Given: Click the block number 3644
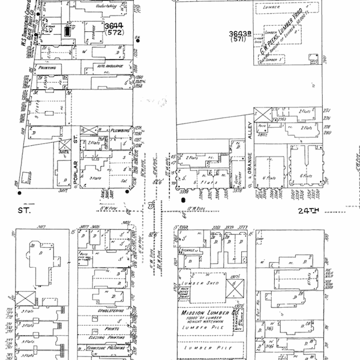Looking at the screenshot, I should click(113, 25).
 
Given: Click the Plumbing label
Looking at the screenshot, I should click(121, 129).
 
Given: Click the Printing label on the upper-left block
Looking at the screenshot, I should click(47, 68).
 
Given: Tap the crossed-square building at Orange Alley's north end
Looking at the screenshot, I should click(261, 114).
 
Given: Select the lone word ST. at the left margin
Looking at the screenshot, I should click(24, 211).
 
